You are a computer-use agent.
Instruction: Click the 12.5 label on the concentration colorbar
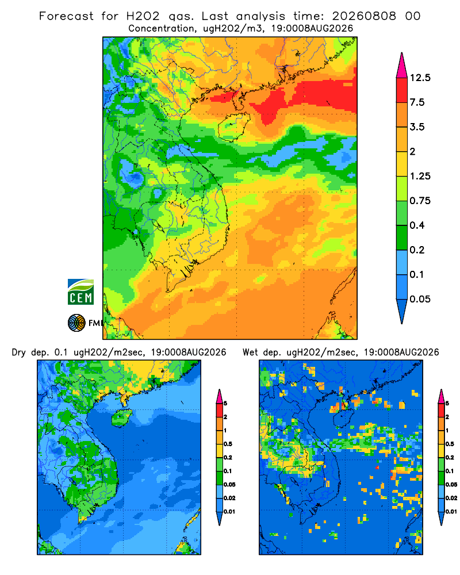coord(420,78)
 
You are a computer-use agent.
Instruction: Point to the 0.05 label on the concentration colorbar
coord(420,299)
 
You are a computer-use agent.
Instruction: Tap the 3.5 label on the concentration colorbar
coord(417,127)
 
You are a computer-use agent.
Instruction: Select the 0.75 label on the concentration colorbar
coord(420,201)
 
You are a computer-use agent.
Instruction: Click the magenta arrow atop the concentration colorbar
coord(402,66)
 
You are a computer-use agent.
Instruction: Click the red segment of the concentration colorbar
coord(402,90)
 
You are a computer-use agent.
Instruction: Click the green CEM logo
coord(80,292)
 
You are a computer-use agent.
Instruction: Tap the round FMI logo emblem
coord(76,323)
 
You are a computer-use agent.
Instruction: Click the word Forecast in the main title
coord(66,16)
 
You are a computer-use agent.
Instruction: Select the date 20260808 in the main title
coord(364,16)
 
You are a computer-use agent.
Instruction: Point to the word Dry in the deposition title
coord(19,352)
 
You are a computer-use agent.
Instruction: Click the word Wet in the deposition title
coord(250,352)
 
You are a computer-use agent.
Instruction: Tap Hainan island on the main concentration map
coord(234,126)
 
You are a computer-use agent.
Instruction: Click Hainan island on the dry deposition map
coord(122,418)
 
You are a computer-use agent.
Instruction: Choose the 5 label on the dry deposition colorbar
coord(225,404)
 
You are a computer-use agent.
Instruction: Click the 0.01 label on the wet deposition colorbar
coord(451,512)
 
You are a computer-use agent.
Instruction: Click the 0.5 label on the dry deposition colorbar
coord(228,444)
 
